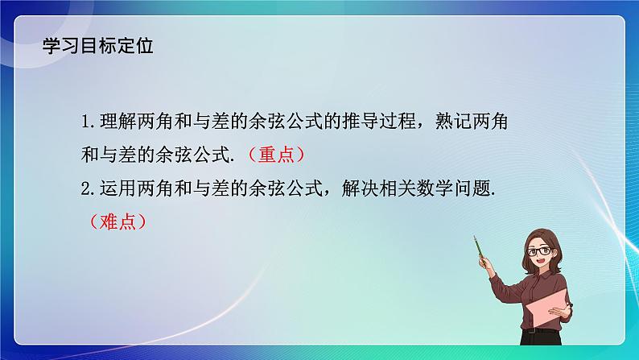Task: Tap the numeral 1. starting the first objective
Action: click(x=89, y=122)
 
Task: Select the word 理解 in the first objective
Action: click(x=117, y=122)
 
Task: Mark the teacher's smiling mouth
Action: click(x=540, y=267)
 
